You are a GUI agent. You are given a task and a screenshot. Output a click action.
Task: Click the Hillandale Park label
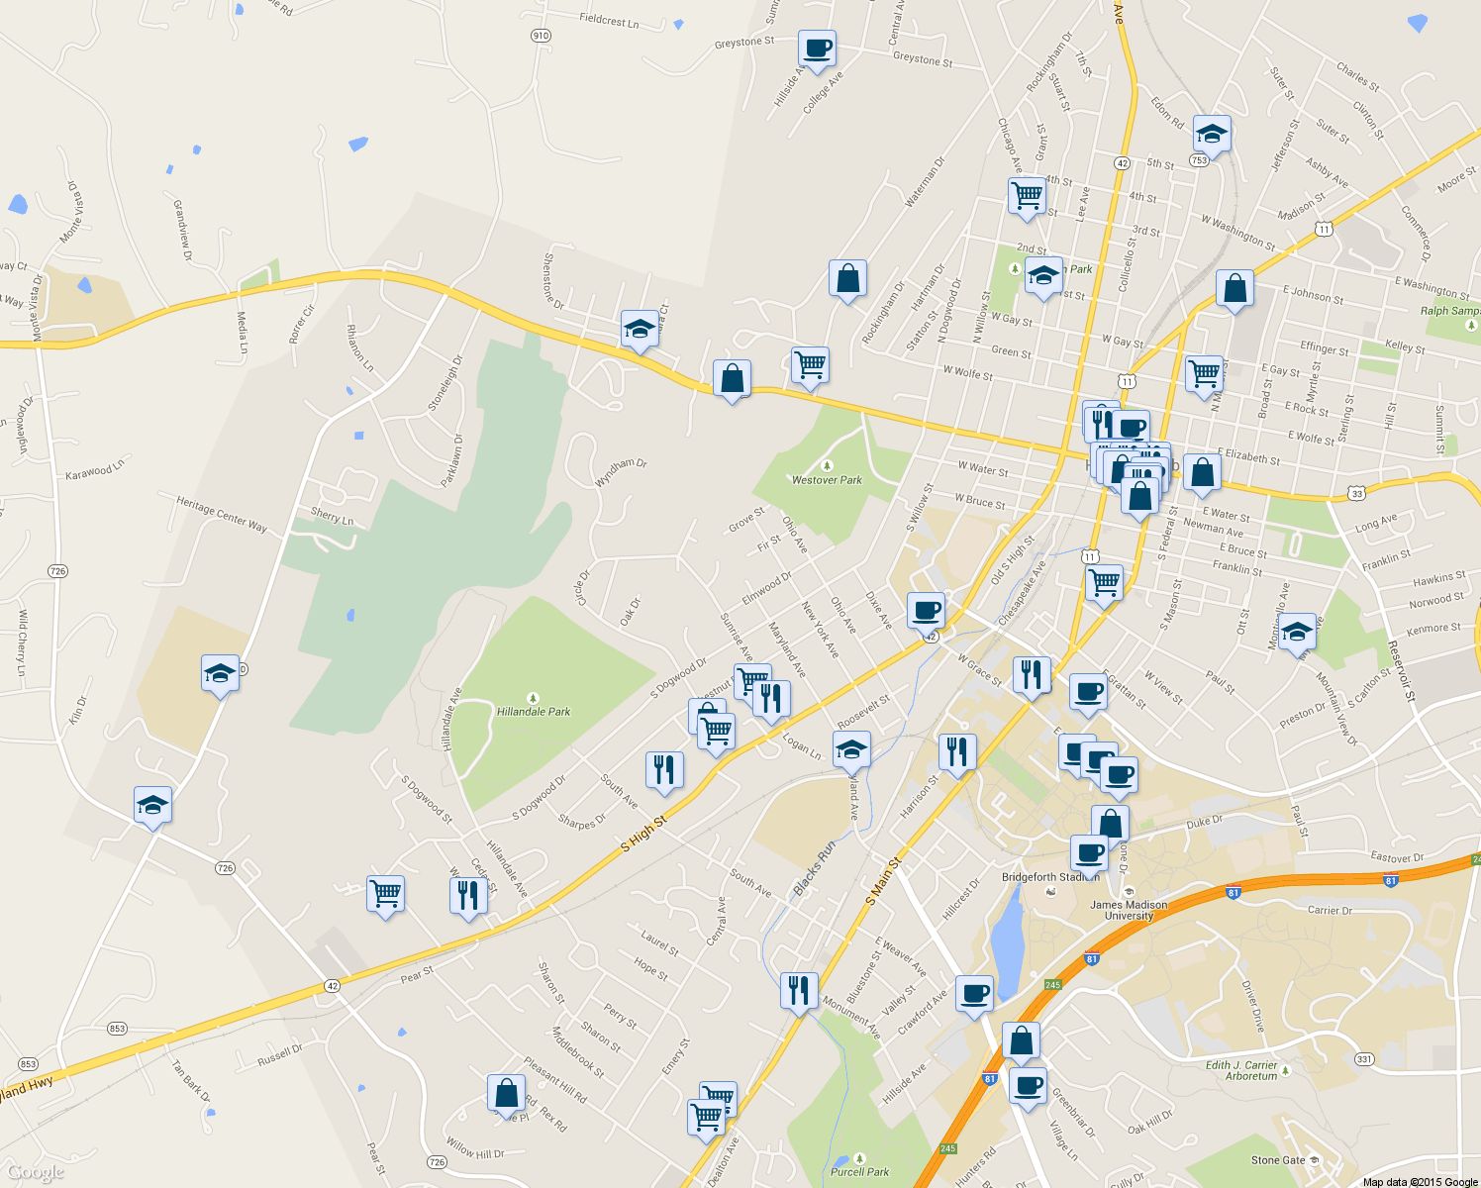click(x=534, y=711)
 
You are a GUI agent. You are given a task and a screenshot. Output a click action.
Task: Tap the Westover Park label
click(x=827, y=480)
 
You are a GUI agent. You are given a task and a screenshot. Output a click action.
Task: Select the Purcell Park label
click(x=860, y=1171)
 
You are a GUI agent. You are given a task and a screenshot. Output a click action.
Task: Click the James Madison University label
click(x=1129, y=910)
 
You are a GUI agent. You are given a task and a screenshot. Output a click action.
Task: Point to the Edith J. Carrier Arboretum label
click(x=1241, y=1070)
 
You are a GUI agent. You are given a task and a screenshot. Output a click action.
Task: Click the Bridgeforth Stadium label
click(x=1049, y=877)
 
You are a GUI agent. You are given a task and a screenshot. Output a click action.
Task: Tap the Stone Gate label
click(x=1278, y=1160)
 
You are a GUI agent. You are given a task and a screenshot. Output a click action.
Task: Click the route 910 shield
click(x=541, y=36)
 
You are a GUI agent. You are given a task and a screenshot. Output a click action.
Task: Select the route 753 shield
click(x=1199, y=160)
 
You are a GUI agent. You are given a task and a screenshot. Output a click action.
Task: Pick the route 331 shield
click(x=1365, y=1059)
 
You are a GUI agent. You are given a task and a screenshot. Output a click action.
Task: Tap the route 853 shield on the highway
click(x=118, y=1028)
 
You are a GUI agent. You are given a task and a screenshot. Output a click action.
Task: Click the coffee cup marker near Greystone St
click(x=817, y=49)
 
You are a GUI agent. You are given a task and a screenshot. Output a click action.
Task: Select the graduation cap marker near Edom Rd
click(x=1212, y=133)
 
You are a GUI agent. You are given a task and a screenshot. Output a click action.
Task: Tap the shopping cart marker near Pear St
click(x=385, y=894)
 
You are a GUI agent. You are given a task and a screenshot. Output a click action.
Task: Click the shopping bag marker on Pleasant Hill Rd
click(x=506, y=1094)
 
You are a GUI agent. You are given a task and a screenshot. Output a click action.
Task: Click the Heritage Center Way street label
click(x=222, y=514)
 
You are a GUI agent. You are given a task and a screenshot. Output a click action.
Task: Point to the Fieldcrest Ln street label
click(x=609, y=20)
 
